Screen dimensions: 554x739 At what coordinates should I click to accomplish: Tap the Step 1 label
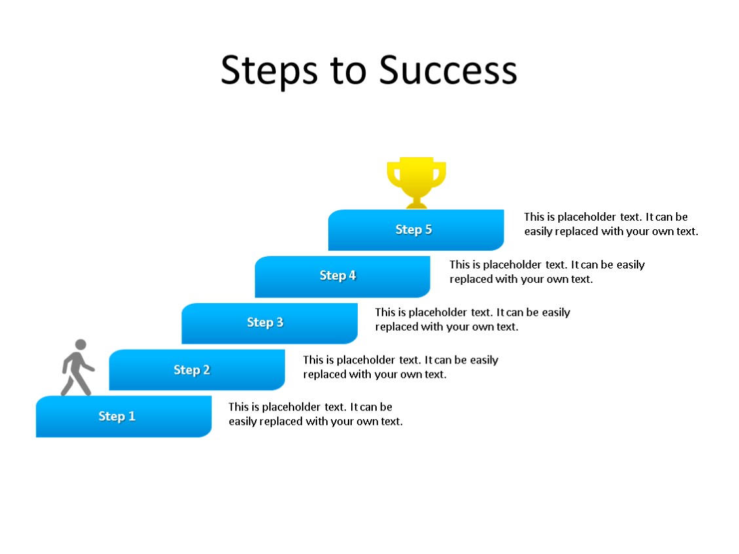point(117,416)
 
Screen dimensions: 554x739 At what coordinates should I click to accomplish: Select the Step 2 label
point(191,370)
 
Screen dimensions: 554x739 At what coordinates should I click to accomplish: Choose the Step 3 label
point(265,322)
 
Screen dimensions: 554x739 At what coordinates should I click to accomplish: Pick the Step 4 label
point(337,276)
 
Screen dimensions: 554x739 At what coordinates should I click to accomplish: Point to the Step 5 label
point(413,230)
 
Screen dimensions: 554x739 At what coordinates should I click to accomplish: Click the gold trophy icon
point(416,180)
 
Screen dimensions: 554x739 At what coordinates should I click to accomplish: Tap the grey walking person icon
point(77,369)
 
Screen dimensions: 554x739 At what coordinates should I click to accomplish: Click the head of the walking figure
point(81,345)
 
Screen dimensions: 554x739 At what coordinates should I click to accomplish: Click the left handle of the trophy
point(393,175)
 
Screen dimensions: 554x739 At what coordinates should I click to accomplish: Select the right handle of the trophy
point(440,175)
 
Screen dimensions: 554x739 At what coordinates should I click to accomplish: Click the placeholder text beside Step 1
point(315,415)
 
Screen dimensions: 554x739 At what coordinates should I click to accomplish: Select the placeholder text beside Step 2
point(400,367)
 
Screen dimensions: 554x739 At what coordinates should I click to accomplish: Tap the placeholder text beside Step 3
point(472,320)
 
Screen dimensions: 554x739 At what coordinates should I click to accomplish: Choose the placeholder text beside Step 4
point(546,272)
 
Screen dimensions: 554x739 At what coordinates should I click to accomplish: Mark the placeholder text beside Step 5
point(611,224)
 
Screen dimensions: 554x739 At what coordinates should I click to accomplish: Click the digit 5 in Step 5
point(428,230)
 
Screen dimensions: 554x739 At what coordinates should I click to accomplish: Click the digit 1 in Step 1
point(131,416)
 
